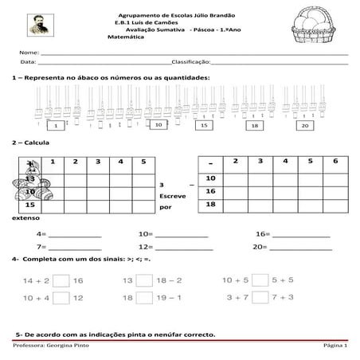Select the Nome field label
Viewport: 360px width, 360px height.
[x=28, y=52]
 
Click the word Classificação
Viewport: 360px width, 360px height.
[x=191, y=61]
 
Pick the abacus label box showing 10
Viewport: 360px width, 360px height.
[x=158, y=125]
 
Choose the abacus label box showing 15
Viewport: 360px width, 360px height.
[x=204, y=126]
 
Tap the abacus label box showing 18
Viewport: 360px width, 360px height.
[x=254, y=126]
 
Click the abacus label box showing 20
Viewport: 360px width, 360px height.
[x=304, y=126]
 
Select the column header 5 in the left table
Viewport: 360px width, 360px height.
[x=143, y=162]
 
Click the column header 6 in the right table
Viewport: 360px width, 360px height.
[x=335, y=162]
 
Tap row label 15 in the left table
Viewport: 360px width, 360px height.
[x=29, y=205]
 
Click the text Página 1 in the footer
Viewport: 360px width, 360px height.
[x=335, y=349]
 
